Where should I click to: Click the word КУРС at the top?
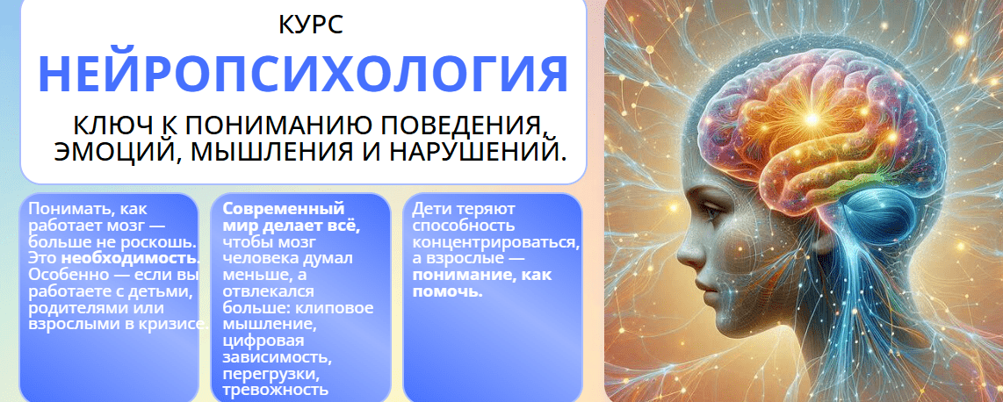311,25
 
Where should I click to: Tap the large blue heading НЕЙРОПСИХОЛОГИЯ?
303,74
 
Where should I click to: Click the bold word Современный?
284,209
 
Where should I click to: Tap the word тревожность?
276,389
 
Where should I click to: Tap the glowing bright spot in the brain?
812,118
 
